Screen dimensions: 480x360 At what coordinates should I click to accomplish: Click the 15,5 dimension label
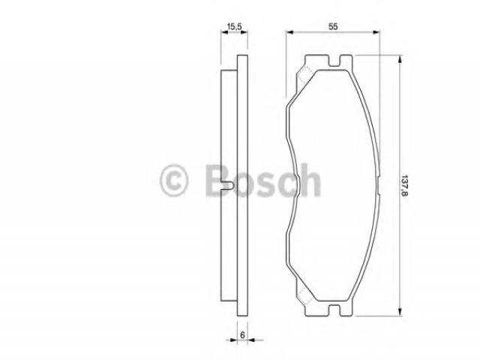[234, 27]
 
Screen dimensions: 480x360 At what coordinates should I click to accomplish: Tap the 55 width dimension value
[333, 27]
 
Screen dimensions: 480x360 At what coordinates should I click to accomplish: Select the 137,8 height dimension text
[405, 185]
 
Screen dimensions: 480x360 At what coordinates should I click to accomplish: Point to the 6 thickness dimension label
[242, 335]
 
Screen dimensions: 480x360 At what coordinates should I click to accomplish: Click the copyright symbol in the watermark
[173, 180]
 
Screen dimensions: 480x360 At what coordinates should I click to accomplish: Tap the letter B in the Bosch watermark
[218, 180]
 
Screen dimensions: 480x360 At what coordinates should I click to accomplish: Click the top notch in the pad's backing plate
[334, 61]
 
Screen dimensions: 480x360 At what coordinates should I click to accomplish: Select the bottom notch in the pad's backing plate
[334, 310]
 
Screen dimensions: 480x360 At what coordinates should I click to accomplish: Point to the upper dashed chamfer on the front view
[305, 75]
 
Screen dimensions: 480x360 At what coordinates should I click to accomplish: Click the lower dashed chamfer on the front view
[305, 295]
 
